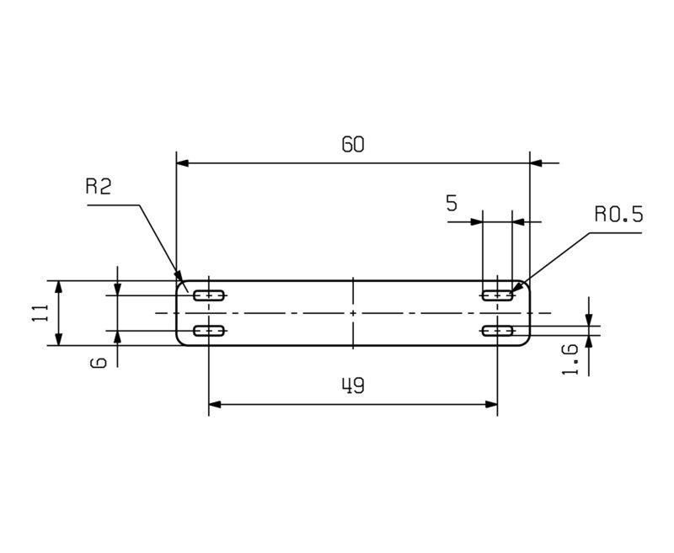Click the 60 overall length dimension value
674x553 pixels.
pos(352,144)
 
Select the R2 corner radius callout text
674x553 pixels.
pos(99,187)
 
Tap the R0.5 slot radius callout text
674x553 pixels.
pos(618,215)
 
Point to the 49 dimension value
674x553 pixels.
pos(352,386)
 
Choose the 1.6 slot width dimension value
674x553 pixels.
pos(570,358)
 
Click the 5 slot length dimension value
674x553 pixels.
pos(452,203)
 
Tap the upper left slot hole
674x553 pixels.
pos(208,295)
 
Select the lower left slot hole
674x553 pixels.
pos(208,332)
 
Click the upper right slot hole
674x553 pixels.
pos(497,295)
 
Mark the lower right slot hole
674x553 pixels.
pos(497,332)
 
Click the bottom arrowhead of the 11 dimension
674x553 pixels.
pos(59,339)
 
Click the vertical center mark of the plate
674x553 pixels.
pos(353,312)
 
